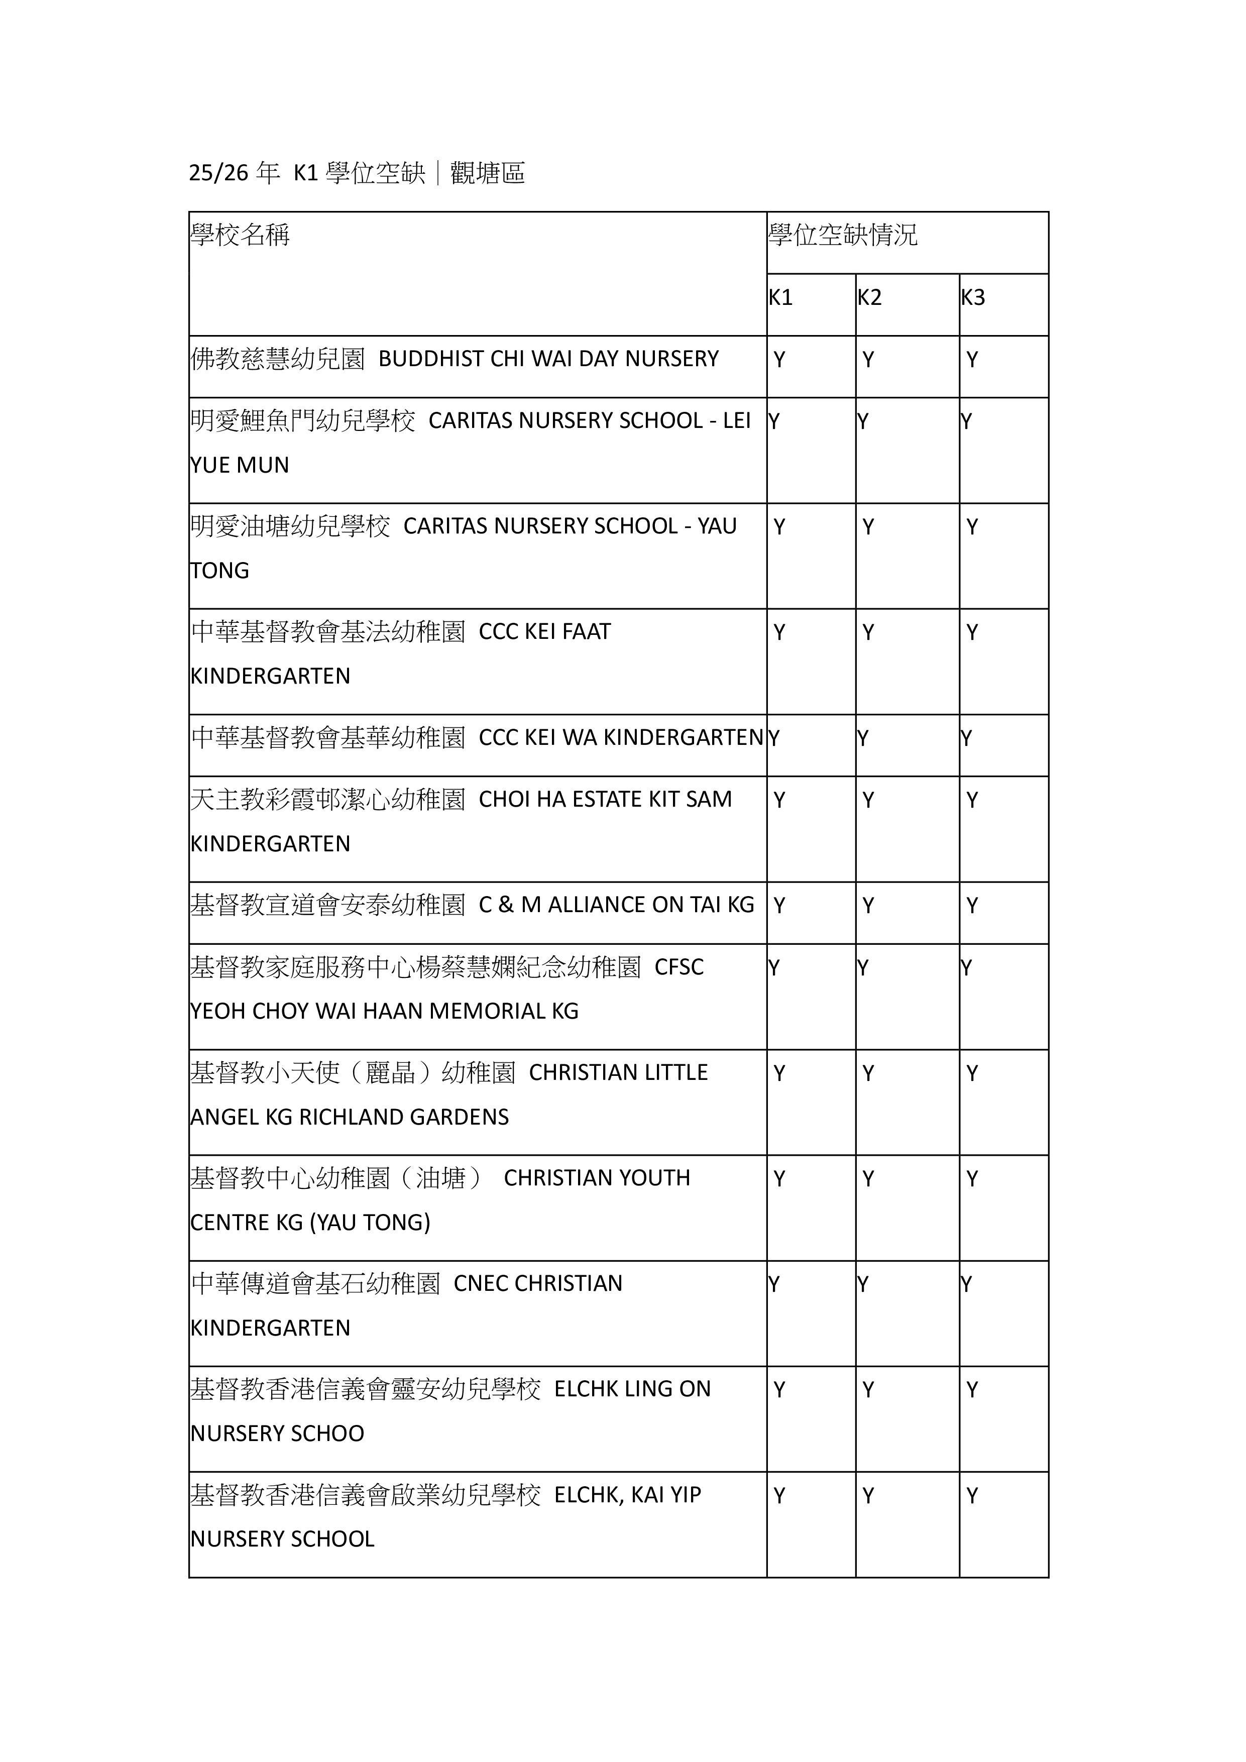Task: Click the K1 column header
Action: coord(780,298)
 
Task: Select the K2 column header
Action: coord(869,298)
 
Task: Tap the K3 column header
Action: coord(973,298)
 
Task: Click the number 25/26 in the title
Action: coord(218,173)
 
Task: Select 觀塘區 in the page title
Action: coord(488,173)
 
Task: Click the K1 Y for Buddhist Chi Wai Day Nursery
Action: coord(779,360)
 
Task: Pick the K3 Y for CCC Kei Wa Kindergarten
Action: coord(966,738)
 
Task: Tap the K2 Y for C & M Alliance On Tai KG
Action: coord(868,906)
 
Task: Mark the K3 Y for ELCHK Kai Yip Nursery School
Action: coord(972,1496)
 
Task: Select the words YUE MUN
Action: coord(240,465)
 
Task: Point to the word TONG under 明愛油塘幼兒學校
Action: coord(219,571)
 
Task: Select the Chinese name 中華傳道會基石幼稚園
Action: coord(315,1284)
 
